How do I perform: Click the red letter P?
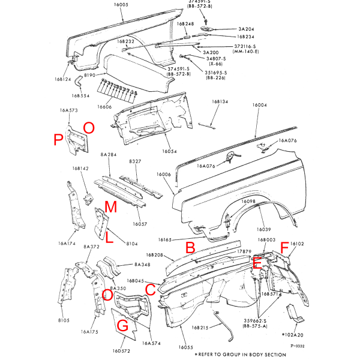[58, 140]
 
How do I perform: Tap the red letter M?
[110, 207]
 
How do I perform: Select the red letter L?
[109, 238]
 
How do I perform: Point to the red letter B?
[190, 247]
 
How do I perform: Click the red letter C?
[151, 290]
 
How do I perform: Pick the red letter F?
[284, 245]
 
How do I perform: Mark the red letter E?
[257, 262]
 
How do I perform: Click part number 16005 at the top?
[121, 5]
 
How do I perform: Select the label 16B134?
[220, 102]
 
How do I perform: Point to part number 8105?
[64, 321]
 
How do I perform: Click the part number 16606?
[104, 106]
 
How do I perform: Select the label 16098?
[249, 202]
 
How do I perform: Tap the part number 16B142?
[80, 169]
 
